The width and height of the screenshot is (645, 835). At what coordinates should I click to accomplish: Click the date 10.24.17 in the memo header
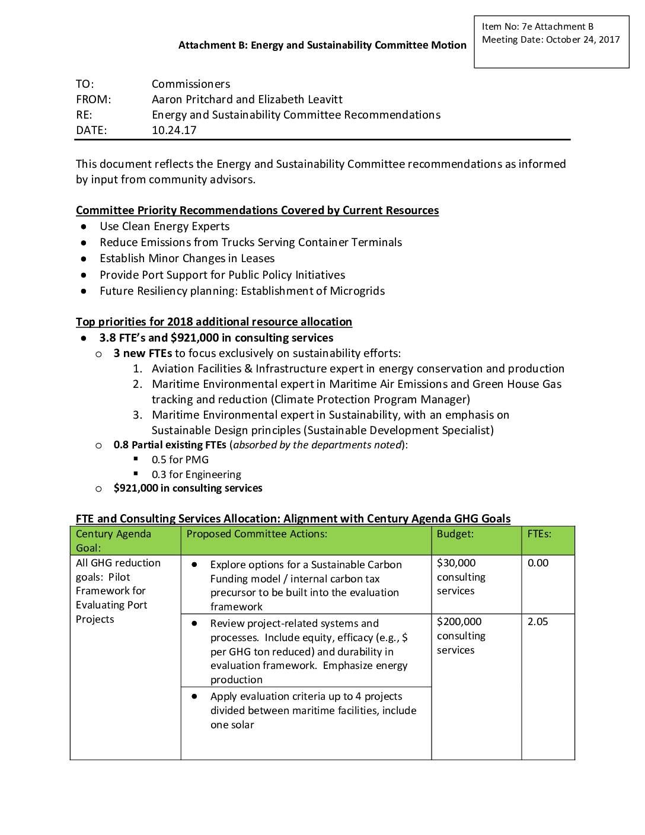174,130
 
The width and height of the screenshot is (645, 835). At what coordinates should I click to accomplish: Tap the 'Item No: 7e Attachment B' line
537,27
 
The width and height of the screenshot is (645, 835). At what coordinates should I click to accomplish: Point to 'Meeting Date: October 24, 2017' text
551,40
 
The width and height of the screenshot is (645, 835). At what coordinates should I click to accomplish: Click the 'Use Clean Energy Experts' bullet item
164,227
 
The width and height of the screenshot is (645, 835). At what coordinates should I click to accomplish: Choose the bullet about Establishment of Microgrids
242,291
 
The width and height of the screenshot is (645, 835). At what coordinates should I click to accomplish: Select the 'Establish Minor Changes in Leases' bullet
187,259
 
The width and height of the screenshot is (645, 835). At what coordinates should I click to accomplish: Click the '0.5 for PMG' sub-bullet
180,460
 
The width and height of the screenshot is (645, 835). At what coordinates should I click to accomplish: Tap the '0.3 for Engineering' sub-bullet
196,474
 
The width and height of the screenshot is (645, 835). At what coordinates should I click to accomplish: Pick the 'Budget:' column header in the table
455,534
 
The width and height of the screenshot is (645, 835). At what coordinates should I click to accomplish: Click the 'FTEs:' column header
539,534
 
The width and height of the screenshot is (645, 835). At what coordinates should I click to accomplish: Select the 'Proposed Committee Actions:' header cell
257,534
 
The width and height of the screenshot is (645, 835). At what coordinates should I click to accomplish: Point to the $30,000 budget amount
456,563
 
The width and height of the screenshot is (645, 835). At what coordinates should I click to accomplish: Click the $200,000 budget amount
459,622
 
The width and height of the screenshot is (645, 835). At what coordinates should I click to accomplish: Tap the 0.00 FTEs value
538,563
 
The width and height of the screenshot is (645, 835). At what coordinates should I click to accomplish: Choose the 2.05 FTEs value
538,622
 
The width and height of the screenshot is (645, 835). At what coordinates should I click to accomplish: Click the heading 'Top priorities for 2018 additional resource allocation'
214,322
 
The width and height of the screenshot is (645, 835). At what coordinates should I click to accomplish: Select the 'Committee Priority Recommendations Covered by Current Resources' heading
257,211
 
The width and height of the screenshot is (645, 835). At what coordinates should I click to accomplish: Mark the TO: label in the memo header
85,84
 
